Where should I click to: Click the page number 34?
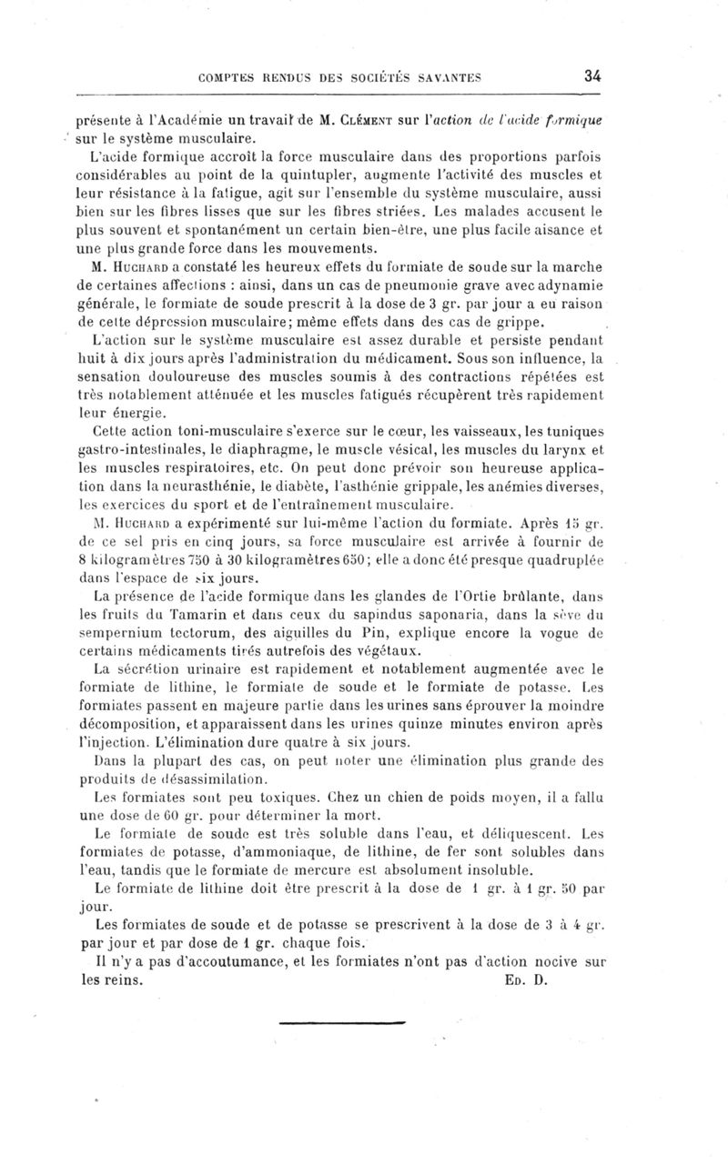click(x=592, y=76)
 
